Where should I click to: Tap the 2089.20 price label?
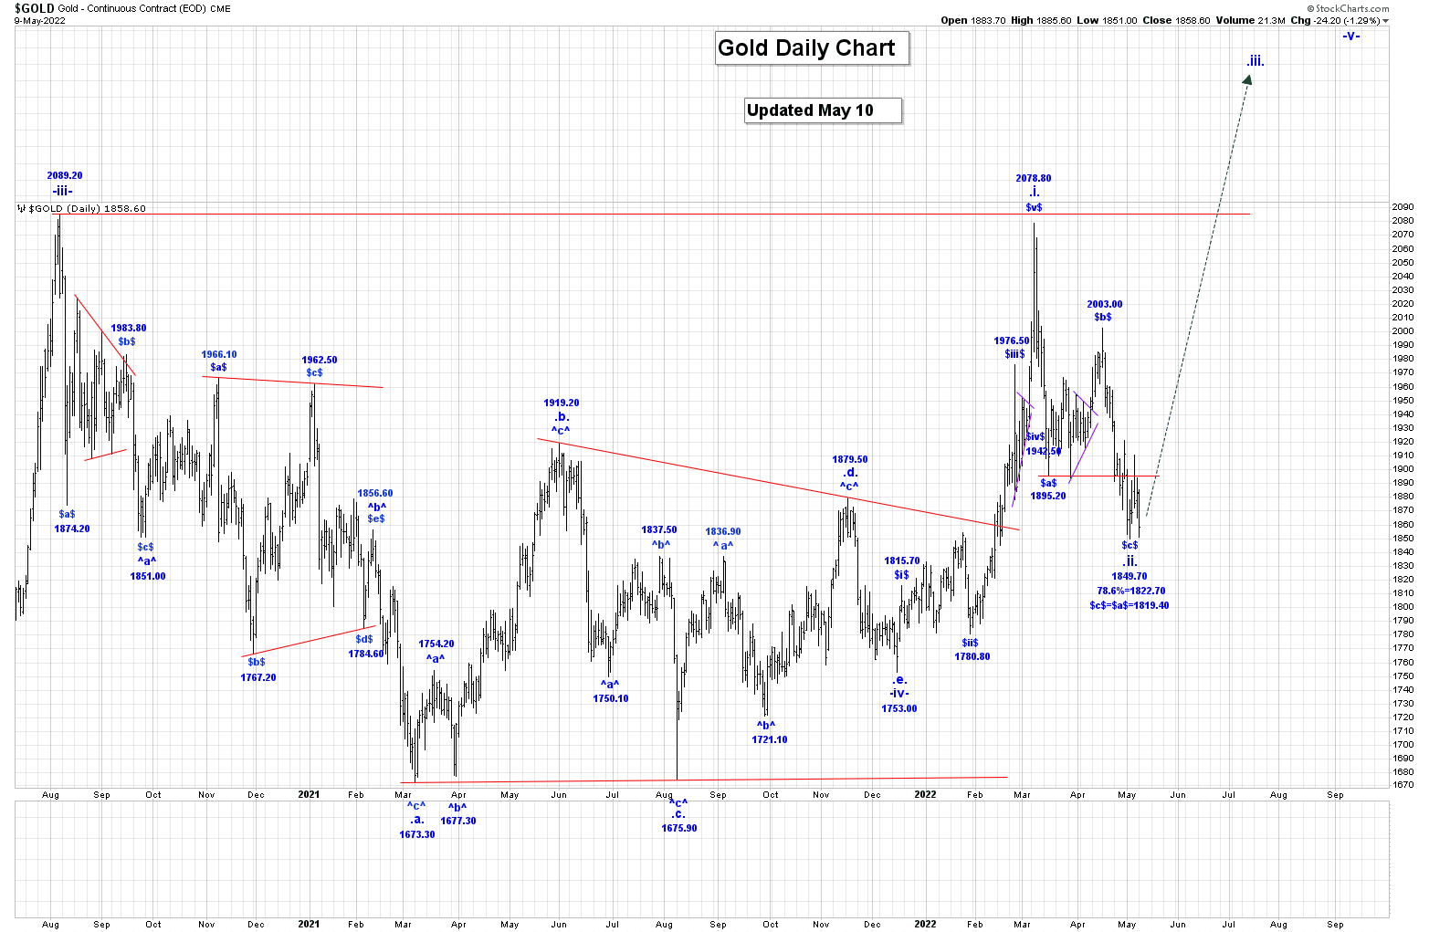click(65, 175)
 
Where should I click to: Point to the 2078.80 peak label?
click(1033, 178)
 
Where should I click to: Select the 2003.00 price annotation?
click(1104, 304)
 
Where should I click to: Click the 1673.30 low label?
click(417, 834)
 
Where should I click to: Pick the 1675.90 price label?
click(678, 828)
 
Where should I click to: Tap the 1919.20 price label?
click(561, 403)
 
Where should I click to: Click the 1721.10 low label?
click(769, 739)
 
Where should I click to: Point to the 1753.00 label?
click(898, 708)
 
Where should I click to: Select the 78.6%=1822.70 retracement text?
click(1130, 591)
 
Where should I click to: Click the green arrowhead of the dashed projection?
click(1248, 79)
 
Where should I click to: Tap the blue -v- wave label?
click(1350, 36)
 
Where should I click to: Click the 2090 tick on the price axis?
click(1403, 207)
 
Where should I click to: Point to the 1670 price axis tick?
click(1403, 785)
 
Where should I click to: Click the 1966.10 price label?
click(218, 354)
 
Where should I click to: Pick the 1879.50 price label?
click(849, 459)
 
